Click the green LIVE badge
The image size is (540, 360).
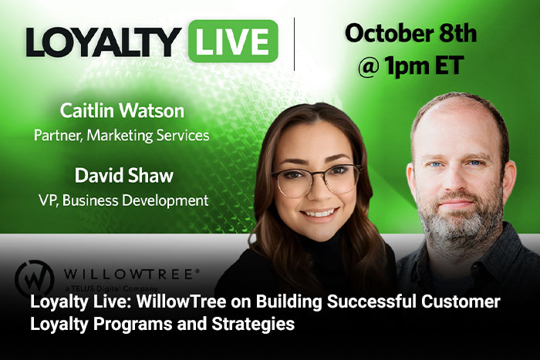coord(233,41)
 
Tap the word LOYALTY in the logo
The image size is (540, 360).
coord(103,42)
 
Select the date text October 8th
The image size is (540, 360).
coord(411,33)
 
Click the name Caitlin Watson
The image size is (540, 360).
coord(122,111)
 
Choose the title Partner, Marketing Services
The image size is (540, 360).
coord(122,135)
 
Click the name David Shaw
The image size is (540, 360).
coord(124,175)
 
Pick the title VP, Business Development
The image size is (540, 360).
coord(123,200)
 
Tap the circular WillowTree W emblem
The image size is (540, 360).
coord(35,278)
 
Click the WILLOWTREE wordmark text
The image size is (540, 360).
coord(131,274)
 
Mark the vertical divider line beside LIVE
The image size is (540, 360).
coord(294,44)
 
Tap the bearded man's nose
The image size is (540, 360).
coord(455,181)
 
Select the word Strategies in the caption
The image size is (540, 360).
coord(253,324)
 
